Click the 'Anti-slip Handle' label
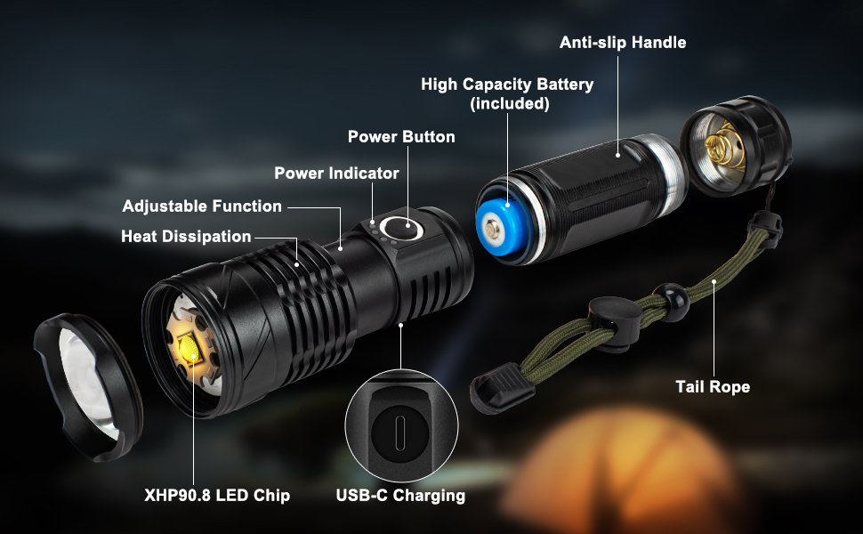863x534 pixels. tap(623, 43)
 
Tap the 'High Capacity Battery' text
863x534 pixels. tap(507, 85)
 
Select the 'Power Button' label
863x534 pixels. tap(401, 136)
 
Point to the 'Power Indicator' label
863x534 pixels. tap(336, 173)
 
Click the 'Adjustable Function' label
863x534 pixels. tap(202, 206)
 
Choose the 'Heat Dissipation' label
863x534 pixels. tap(186, 236)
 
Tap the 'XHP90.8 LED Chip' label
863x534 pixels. tap(217, 495)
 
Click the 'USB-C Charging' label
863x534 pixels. tap(400, 495)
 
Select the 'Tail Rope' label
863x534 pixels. tap(713, 386)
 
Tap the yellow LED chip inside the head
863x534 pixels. tap(190, 349)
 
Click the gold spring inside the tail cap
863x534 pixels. tap(725, 146)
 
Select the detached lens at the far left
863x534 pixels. tap(88, 386)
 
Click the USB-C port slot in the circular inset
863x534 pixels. tap(400, 426)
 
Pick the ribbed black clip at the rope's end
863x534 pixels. tap(501, 388)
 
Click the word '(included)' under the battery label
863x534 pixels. tap(510, 103)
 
